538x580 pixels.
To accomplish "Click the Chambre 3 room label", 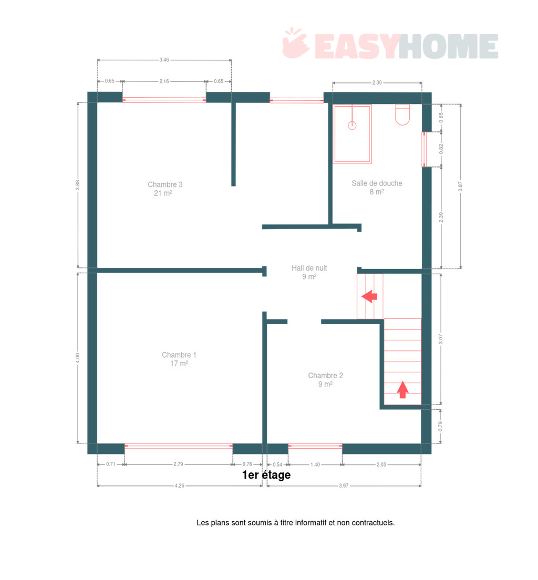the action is pyautogui.click(x=165, y=189).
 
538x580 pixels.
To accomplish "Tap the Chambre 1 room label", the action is pyautogui.click(x=179, y=359).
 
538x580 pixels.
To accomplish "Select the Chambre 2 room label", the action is pyautogui.click(x=326, y=380).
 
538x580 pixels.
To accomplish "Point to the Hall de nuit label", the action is pyautogui.click(x=309, y=272).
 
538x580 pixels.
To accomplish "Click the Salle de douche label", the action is pyautogui.click(x=377, y=188).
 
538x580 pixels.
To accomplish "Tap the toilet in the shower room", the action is pyautogui.click(x=402, y=115).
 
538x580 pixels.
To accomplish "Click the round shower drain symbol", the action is pyautogui.click(x=352, y=126).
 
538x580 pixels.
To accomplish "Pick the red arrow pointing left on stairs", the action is pyautogui.click(x=369, y=296).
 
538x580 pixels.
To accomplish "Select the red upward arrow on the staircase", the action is pyautogui.click(x=402, y=390).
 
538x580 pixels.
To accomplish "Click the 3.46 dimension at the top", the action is pyautogui.click(x=164, y=59).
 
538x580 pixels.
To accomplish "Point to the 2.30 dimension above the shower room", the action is pyautogui.click(x=377, y=82).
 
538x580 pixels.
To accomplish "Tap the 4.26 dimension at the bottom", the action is pyautogui.click(x=180, y=485).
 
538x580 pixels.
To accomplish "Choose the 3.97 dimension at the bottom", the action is pyautogui.click(x=344, y=485).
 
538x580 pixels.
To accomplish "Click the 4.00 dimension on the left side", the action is pyautogui.click(x=78, y=358).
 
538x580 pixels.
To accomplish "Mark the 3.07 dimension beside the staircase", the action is pyautogui.click(x=441, y=339).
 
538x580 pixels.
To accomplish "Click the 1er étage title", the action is pyautogui.click(x=266, y=475).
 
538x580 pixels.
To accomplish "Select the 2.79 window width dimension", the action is pyautogui.click(x=178, y=464).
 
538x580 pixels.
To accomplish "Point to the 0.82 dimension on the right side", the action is pyautogui.click(x=441, y=149).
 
